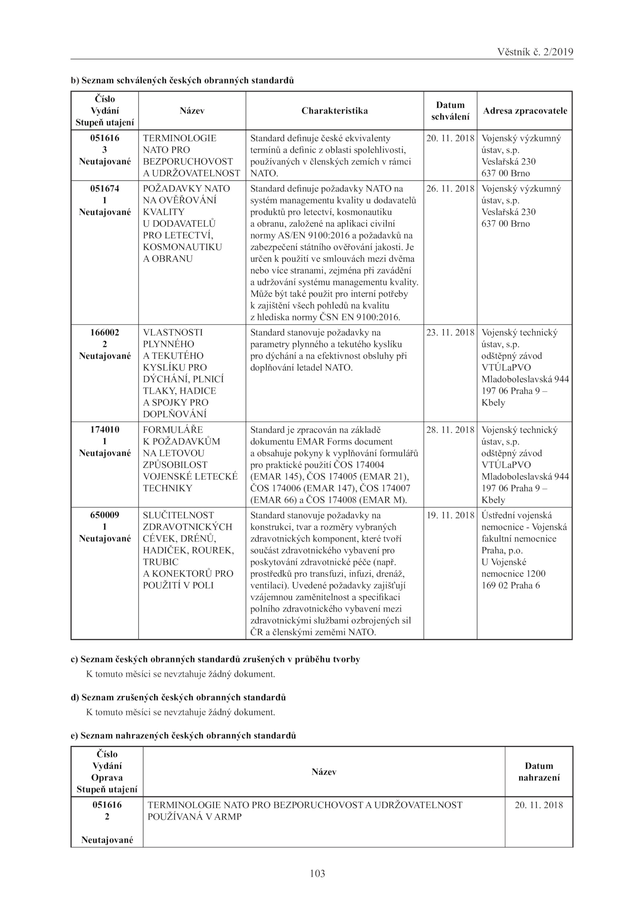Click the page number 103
tap(318, 873)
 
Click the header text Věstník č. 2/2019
tap(535, 52)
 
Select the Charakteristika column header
tap(334, 111)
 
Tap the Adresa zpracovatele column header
tap(525, 111)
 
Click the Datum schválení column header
tap(450, 111)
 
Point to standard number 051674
tap(105, 188)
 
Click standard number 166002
tap(105, 333)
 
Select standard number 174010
tap(105, 430)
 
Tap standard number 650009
tap(105, 515)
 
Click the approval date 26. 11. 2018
tap(450, 188)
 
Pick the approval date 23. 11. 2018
tap(450, 333)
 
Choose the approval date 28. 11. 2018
tap(450, 430)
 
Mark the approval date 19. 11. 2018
tap(450, 515)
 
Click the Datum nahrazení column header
tap(539, 772)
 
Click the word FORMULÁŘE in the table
tap(173, 430)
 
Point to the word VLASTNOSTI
tap(173, 333)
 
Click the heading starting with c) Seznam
tap(215, 659)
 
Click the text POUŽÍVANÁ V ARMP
tap(195, 817)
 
